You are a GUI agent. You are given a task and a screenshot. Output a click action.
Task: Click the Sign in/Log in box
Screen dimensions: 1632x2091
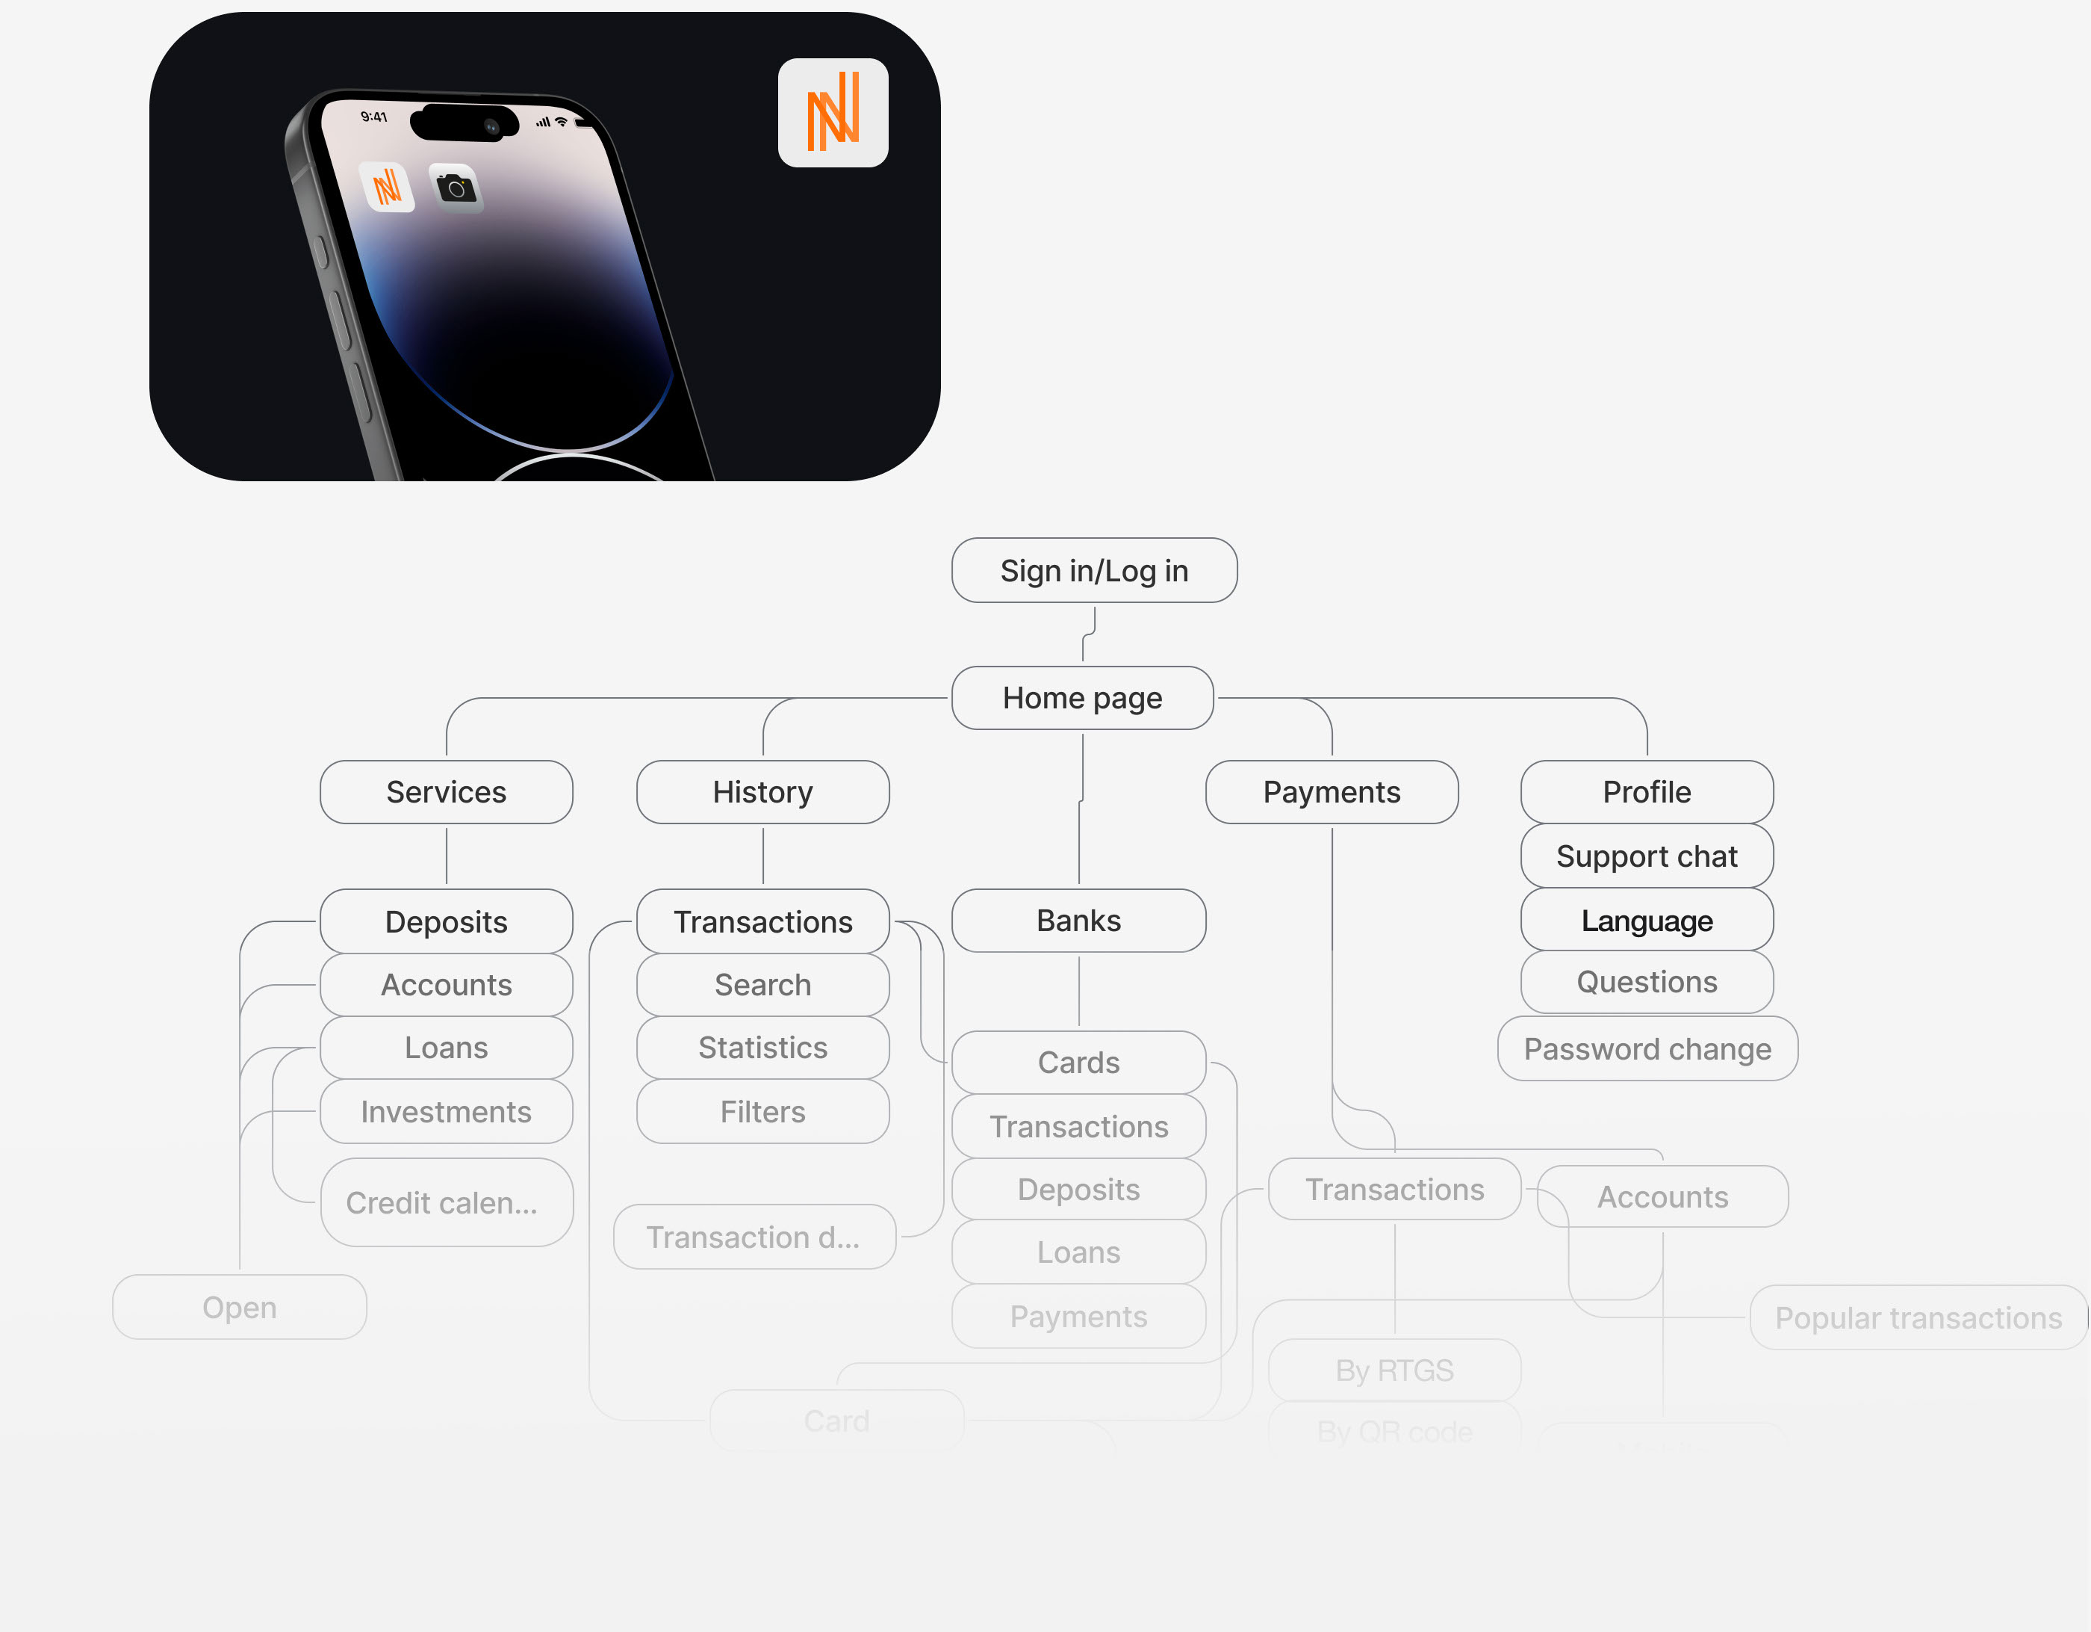[x=1093, y=571]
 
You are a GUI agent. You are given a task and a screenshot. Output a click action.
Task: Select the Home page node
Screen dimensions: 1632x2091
[x=1082, y=698]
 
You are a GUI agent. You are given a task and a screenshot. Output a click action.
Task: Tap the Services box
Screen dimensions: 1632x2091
[x=446, y=792]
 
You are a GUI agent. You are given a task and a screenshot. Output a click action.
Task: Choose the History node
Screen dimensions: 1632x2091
[x=762, y=792]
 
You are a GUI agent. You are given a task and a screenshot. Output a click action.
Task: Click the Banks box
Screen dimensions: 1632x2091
[x=1078, y=921]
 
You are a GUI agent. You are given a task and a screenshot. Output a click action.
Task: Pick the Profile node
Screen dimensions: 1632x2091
[x=1646, y=792]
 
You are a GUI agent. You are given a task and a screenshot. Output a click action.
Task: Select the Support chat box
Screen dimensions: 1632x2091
[x=1646, y=856]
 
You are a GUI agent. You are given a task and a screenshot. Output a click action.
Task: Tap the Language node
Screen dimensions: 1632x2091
[x=1646, y=921]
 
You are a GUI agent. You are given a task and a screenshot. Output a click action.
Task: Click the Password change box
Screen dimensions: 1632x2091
[x=1647, y=1048]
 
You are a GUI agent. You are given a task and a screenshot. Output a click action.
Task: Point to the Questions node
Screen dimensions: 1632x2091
[x=1646, y=982]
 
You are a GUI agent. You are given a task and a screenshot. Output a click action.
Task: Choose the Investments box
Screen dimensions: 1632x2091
[x=446, y=1112]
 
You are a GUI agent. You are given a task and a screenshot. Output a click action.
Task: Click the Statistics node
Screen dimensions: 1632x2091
[x=762, y=1048]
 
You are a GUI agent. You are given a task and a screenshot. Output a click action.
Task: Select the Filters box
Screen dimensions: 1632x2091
[x=762, y=1112]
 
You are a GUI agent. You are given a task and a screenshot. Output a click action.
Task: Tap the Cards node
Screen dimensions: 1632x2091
[x=1078, y=1062]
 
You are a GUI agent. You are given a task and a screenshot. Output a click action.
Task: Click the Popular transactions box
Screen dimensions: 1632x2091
[x=1918, y=1318]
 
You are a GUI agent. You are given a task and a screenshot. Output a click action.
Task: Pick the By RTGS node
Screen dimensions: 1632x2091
[x=1394, y=1370]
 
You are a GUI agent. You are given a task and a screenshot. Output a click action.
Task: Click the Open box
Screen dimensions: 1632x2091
[x=240, y=1308]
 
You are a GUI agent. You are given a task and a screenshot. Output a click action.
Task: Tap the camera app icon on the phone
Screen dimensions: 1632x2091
[x=456, y=188]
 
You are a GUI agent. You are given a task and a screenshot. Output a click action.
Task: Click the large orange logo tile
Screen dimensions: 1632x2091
[x=833, y=113]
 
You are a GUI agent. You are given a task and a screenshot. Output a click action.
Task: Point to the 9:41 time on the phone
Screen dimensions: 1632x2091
[x=373, y=117]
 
